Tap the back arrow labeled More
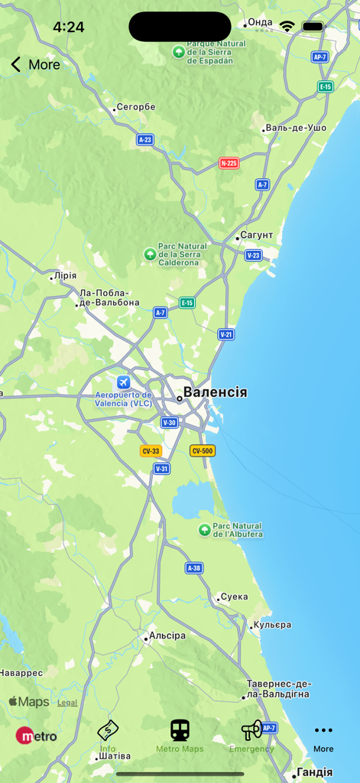(x=16, y=65)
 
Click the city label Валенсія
(x=215, y=392)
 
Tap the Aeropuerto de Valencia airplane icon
(x=123, y=382)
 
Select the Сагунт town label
(x=256, y=236)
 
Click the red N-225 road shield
(x=229, y=163)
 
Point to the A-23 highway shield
(x=145, y=140)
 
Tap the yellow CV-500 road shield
(x=202, y=451)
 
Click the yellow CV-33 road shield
(x=150, y=451)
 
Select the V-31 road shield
(x=161, y=469)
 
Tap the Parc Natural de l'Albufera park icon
(x=204, y=530)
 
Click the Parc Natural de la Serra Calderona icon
(x=150, y=254)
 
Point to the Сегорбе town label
(x=135, y=107)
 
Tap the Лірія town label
(x=66, y=275)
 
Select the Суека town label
(x=233, y=597)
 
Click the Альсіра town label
(x=167, y=636)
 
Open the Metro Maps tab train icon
(x=180, y=730)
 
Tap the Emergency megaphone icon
(x=251, y=730)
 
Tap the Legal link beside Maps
(x=67, y=703)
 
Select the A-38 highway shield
(x=194, y=568)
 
